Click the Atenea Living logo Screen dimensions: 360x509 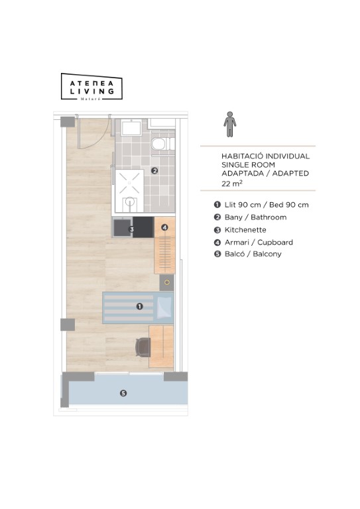pyautogui.click(x=91, y=86)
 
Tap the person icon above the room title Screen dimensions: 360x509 pyautogui.click(x=230, y=125)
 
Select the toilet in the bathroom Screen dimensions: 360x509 pyautogui.click(x=162, y=143)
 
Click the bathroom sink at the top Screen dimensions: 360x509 pyautogui.click(x=131, y=127)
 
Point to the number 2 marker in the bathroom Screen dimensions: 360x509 pyautogui.click(x=154, y=170)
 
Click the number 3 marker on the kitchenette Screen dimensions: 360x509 pyautogui.click(x=132, y=229)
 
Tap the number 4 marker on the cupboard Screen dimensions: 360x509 pyautogui.click(x=164, y=227)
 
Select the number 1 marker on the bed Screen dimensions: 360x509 pyautogui.click(x=140, y=306)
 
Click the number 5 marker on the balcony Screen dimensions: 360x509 pyautogui.click(x=123, y=393)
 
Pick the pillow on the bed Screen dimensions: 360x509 pyautogui.click(x=164, y=308)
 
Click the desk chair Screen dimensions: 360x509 pyautogui.click(x=143, y=347)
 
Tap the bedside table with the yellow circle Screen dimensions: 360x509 pyautogui.click(x=167, y=282)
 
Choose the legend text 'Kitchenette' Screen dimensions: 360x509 pyautogui.click(x=245, y=230)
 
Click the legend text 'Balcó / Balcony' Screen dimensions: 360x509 pyautogui.click(x=253, y=254)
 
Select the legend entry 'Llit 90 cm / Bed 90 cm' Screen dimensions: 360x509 pyautogui.click(x=267, y=205)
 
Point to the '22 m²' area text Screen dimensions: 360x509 pyautogui.click(x=232, y=184)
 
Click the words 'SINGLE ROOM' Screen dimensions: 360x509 pyautogui.click(x=249, y=165)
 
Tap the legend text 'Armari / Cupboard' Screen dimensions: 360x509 pyautogui.click(x=259, y=242)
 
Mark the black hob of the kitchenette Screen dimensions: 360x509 pyautogui.click(x=143, y=227)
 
